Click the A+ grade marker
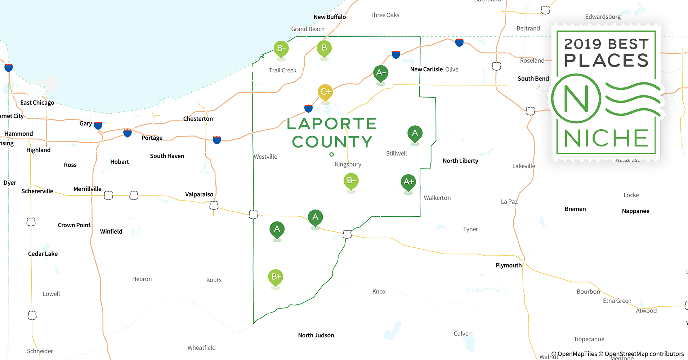pos(408,182)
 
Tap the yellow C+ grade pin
pos(325,92)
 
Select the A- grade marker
pos(381,73)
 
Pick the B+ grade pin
pos(276,277)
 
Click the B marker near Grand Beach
pos(324,48)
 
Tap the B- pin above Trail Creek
pos(281,48)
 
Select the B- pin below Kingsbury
pos(351,181)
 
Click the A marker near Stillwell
pos(415,133)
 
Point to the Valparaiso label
pos(199,194)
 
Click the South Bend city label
pos(533,78)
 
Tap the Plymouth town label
pos(508,265)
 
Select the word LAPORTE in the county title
pos(332,124)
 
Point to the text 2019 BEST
pos(606,44)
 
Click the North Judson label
pos(316,335)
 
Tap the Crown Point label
pos(74,225)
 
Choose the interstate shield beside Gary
pos(98,125)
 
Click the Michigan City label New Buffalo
pos(330,17)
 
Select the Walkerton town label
pos(437,198)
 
